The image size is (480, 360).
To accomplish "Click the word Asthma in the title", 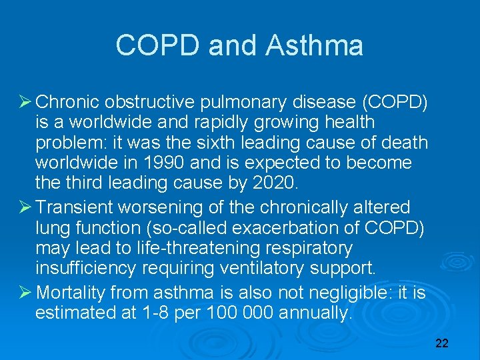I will coord(314,46).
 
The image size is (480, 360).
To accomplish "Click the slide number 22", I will coord(441,343).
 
